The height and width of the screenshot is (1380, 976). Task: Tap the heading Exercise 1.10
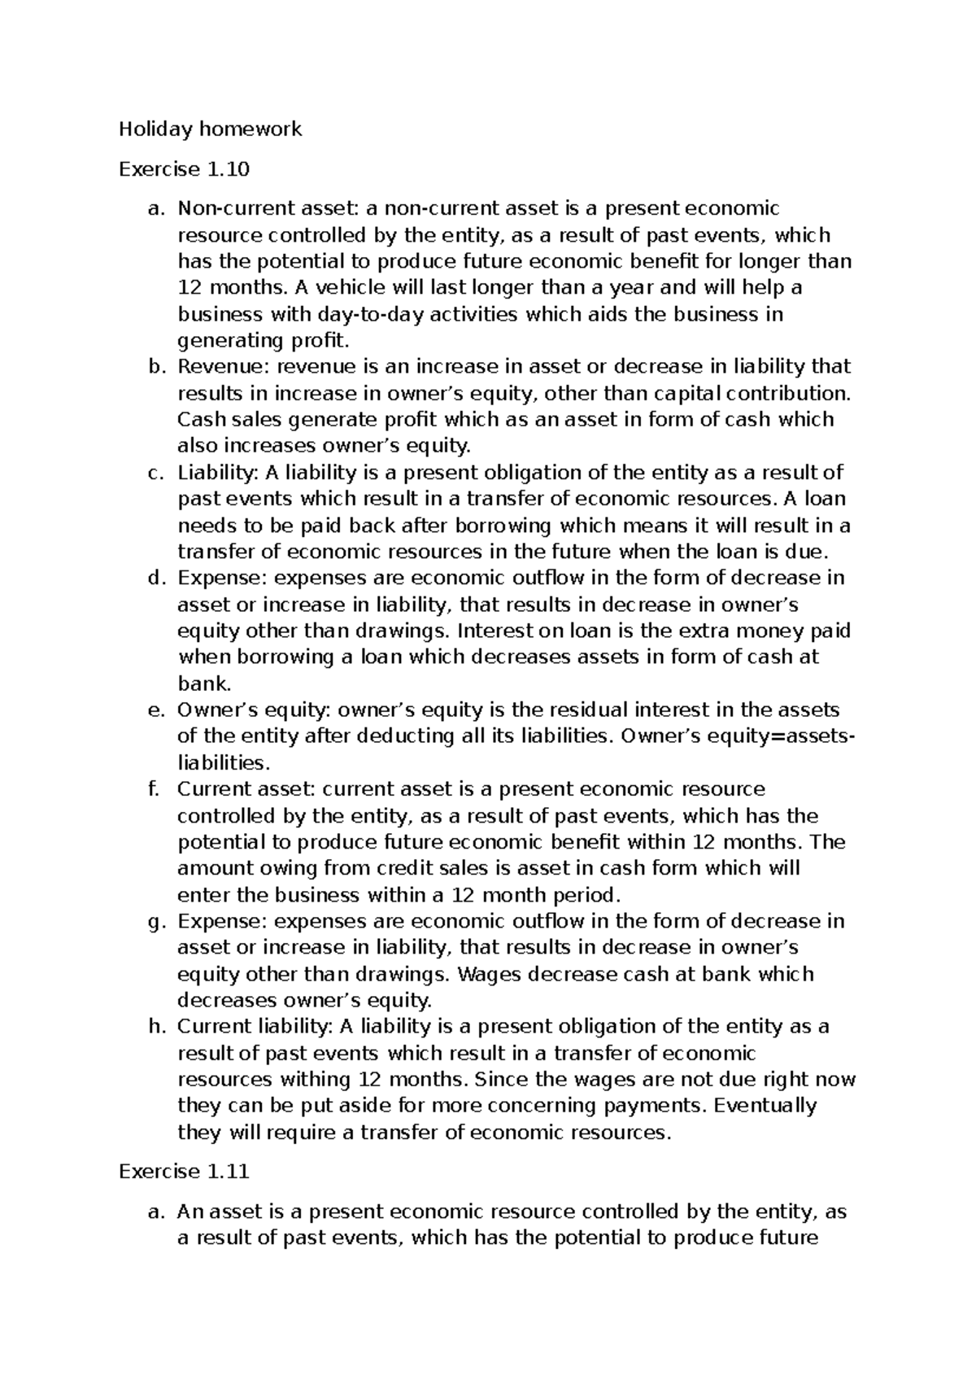pyautogui.click(x=184, y=169)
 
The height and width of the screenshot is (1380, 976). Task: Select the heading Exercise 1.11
pyautogui.click(x=184, y=1171)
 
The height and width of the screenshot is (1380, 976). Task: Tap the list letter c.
pyautogui.click(x=155, y=473)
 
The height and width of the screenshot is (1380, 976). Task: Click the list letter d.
pyautogui.click(x=155, y=578)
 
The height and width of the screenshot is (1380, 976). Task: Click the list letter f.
pyautogui.click(x=154, y=788)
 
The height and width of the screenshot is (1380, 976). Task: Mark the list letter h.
pyautogui.click(x=155, y=1026)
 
